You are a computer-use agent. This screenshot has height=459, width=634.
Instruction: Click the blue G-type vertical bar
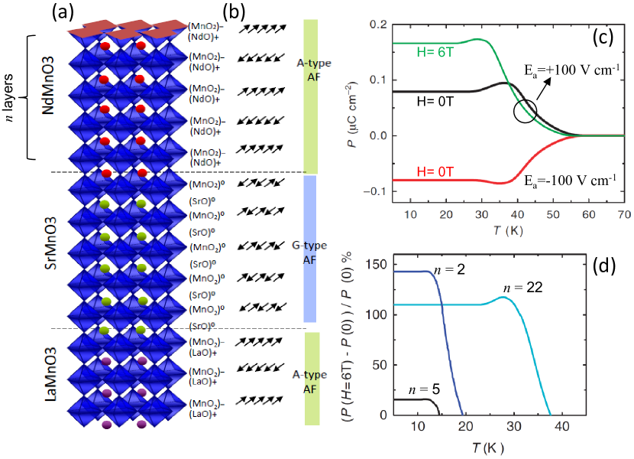click(x=310, y=249)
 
